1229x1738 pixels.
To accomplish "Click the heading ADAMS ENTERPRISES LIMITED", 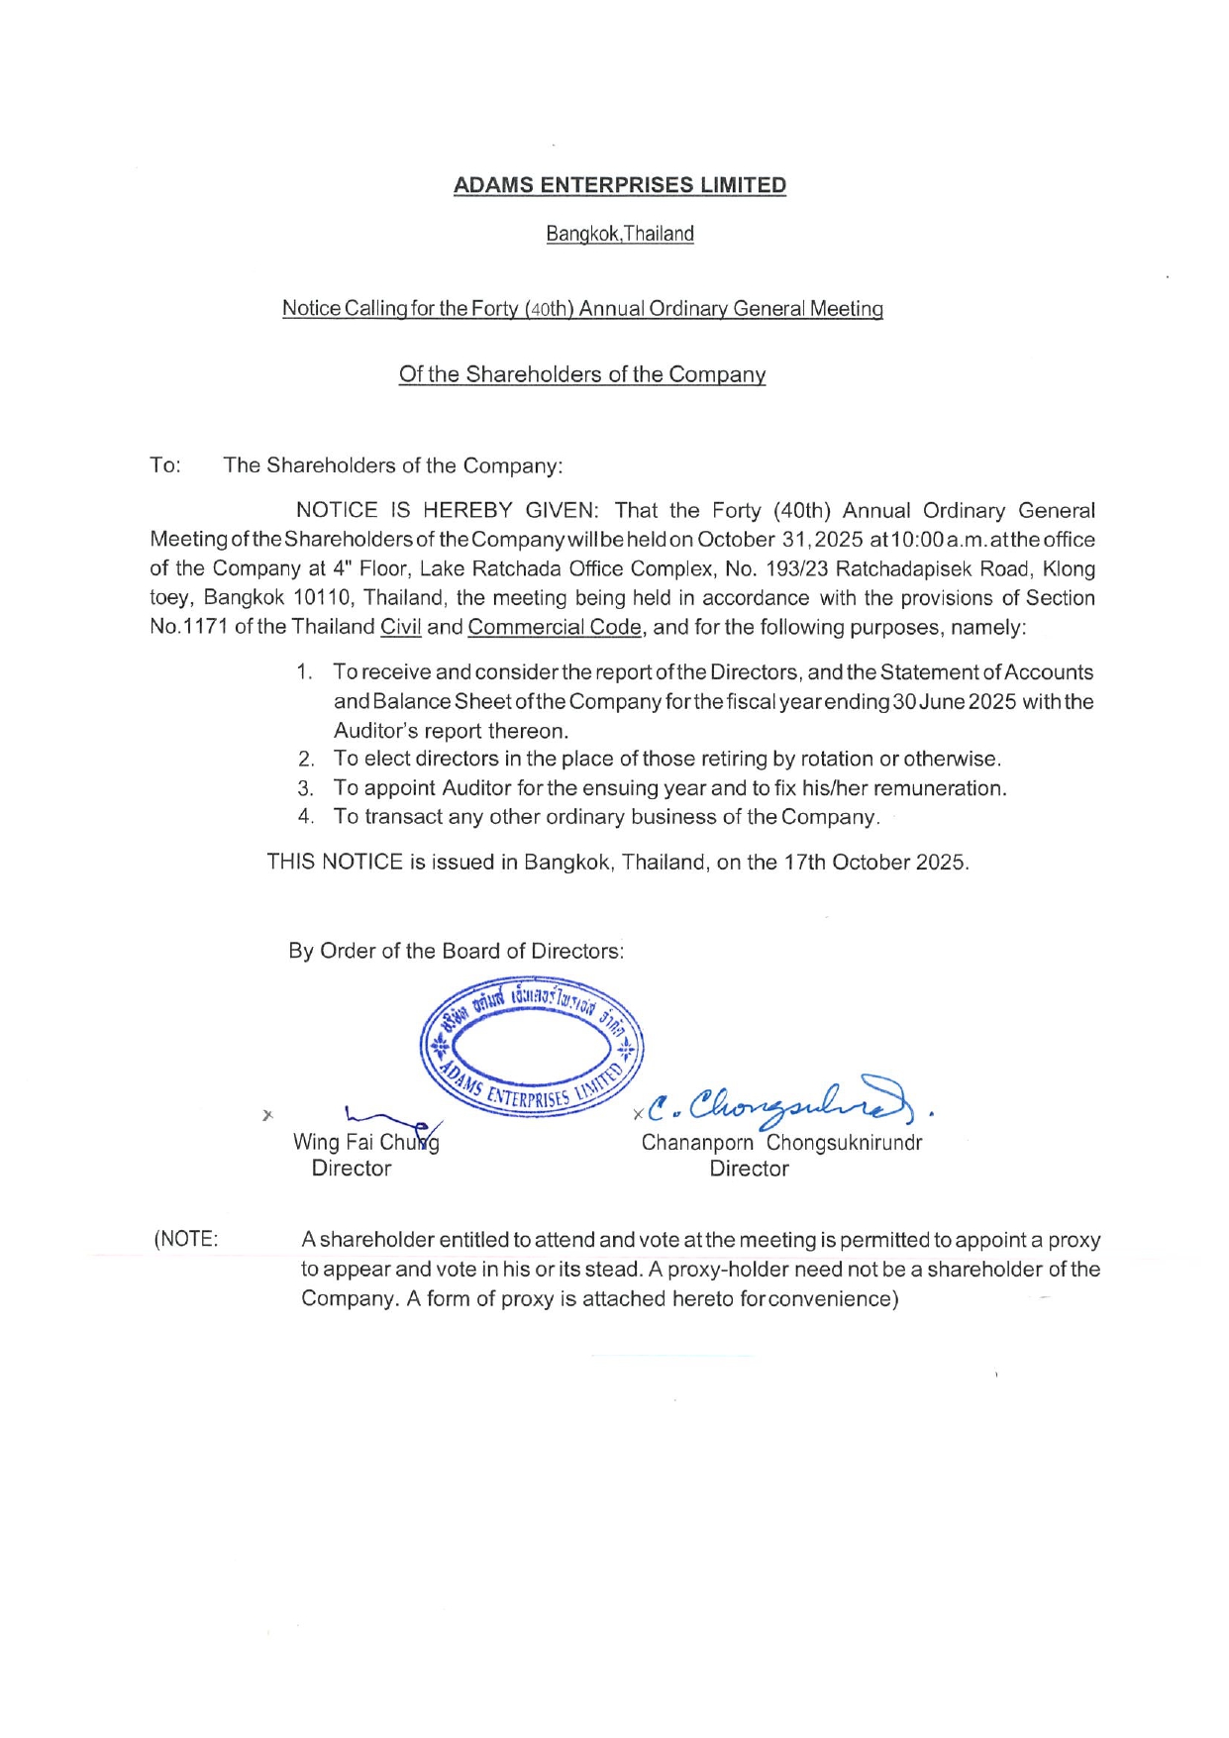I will (x=619, y=185).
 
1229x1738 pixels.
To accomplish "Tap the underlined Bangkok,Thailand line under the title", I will (x=619, y=234).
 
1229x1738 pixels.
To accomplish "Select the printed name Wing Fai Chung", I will (x=365, y=1142).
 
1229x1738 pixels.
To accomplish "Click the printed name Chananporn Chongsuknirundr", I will (x=781, y=1142).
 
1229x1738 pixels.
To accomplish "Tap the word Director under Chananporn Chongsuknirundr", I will (x=749, y=1169).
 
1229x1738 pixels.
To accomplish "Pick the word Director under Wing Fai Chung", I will (x=352, y=1169).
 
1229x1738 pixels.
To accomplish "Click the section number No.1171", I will (x=189, y=627).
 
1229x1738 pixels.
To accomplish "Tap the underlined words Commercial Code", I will (x=554, y=627).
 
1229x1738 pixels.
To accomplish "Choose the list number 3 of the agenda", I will (x=306, y=788).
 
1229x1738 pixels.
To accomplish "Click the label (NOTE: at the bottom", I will (x=186, y=1240).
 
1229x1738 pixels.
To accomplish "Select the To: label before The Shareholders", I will (x=165, y=465).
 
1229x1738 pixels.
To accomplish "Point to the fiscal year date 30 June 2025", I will (x=955, y=702).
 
